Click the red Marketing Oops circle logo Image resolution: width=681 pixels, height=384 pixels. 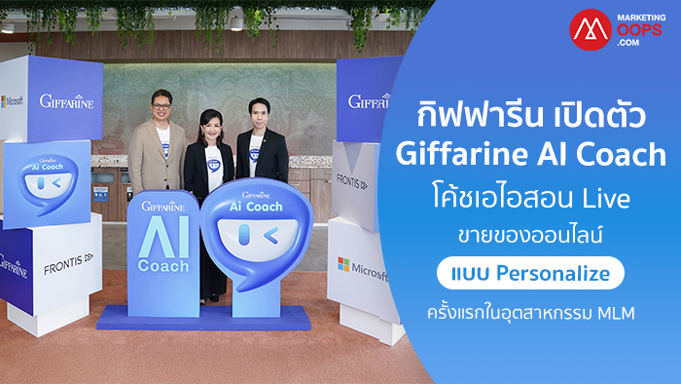(x=591, y=29)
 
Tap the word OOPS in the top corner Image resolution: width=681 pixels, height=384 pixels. (x=639, y=29)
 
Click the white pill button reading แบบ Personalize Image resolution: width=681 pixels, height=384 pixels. (x=530, y=273)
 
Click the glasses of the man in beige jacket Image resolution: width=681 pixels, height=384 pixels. (x=161, y=106)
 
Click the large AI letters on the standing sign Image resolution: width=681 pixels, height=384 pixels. (x=163, y=237)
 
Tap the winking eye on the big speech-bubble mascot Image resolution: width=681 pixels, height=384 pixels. (x=271, y=236)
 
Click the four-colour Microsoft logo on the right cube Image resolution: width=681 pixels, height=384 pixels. (x=343, y=264)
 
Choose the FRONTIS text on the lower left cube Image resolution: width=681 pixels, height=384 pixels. (x=69, y=263)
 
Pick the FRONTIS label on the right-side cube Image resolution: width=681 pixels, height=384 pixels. (x=352, y=182)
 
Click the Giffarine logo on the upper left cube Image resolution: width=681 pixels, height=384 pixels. (x=66, y=101)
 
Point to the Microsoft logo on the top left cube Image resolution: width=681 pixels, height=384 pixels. (x=12, y=101)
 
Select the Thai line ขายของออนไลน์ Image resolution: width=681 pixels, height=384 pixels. (x=530, y=235)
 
